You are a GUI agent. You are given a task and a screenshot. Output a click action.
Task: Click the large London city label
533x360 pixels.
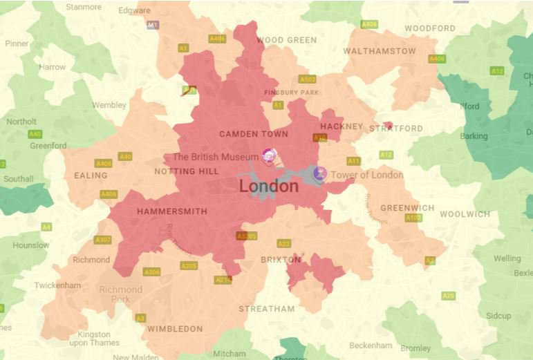(x=269, y=187)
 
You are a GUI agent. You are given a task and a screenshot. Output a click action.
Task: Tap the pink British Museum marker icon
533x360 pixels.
(x=269, y=156)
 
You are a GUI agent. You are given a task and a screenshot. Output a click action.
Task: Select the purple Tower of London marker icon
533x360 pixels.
(x=319, y=174)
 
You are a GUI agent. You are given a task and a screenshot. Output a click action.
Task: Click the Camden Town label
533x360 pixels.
(x=254, y=133)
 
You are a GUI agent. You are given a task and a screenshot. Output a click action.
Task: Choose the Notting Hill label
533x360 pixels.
(x=187, y=171)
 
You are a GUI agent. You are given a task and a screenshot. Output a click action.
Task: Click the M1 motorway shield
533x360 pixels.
(x=153, y=25)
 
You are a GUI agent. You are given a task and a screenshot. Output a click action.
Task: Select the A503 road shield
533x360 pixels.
(x=308, y=79)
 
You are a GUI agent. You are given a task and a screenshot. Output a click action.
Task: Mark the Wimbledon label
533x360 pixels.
(x=175, y=329)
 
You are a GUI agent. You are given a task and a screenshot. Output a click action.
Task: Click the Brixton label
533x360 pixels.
(x=281, y=260)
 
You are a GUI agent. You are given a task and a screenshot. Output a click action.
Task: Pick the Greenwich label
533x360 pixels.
(x=407, y=208)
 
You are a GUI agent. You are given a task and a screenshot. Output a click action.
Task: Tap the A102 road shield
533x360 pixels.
(x=413, y=218)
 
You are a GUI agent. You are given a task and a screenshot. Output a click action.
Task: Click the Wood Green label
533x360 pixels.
(x=287, y=40)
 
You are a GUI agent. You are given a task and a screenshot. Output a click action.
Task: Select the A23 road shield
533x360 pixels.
(x=283, y=244)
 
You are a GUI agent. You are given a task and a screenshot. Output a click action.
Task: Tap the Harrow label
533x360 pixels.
(x=53, y=67)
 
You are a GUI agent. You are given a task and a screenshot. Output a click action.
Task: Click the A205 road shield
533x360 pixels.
(x=189, y=265)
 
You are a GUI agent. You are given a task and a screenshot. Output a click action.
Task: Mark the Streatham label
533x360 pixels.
(x=267, y=309)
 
